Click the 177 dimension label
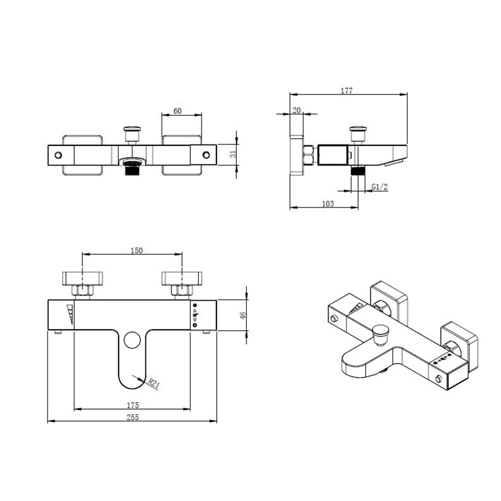point(347,91)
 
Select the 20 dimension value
point(297,110)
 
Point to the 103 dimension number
point(328,204)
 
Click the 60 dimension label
point(177,110)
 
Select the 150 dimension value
point(136,250)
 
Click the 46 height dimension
point(243,315)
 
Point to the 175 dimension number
point(132,405)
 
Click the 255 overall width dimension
point(132,417)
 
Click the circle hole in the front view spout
point(132,340)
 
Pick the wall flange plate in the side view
point(297,155)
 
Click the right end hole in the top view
point(205,155)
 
